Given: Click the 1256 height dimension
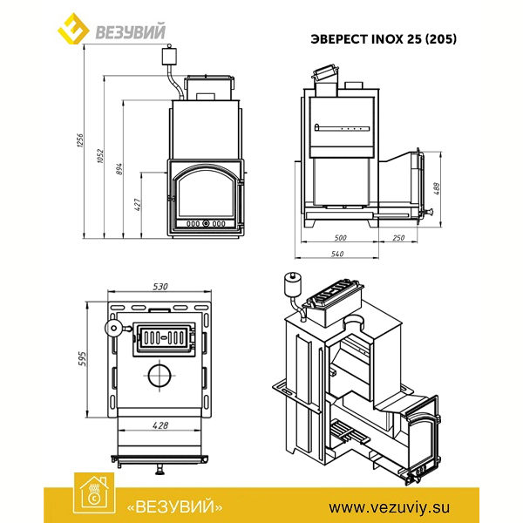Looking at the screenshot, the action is [80, 140].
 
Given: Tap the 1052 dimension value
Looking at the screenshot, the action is [100, 156].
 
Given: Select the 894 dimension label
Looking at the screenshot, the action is [119, 169].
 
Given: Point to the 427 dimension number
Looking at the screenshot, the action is [138, 205].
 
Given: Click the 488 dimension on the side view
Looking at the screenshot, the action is [437, 189].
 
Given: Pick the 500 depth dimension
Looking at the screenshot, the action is [340, 238].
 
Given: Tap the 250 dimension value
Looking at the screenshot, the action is [398, 238].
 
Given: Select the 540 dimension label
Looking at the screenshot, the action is [337, 254].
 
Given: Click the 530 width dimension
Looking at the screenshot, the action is [160, 287].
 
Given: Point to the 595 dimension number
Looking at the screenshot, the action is [82, 359].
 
